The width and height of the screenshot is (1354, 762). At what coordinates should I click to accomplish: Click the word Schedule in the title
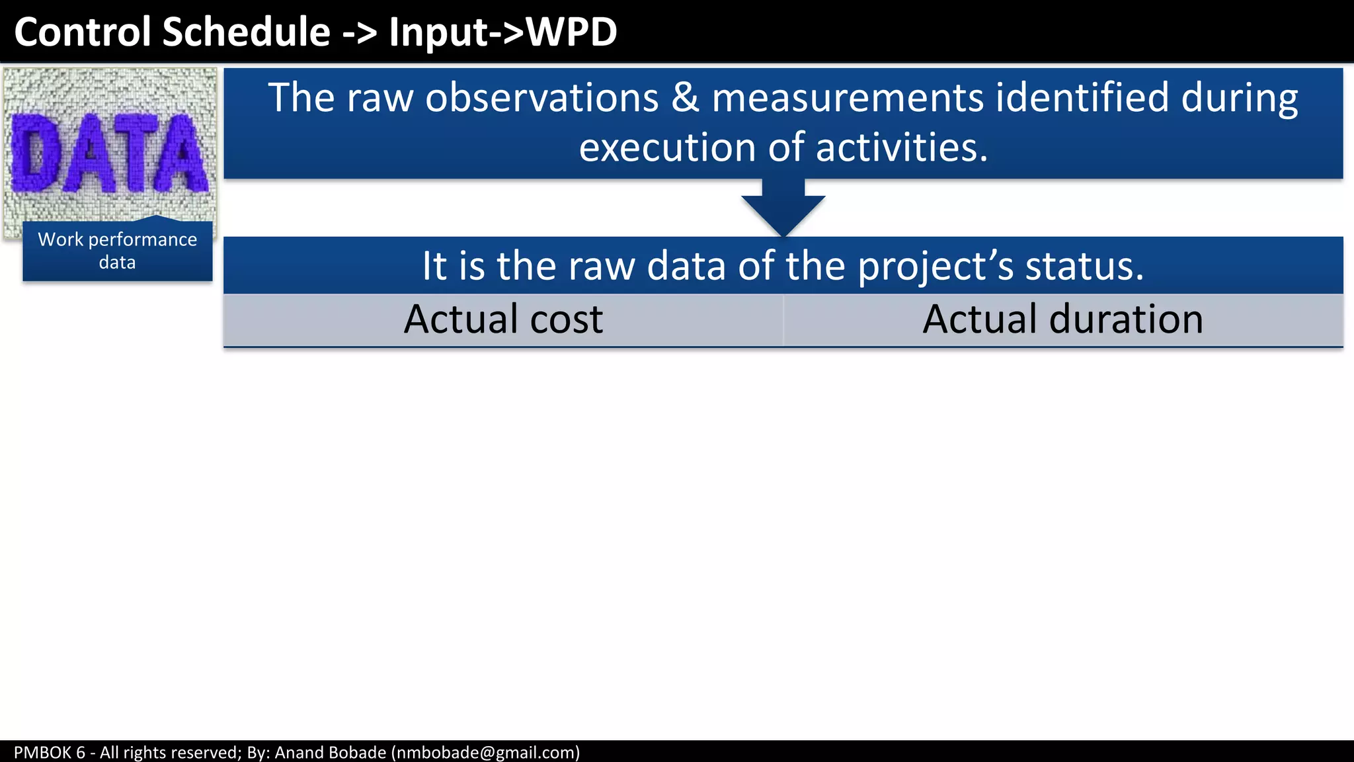tap(246, 32)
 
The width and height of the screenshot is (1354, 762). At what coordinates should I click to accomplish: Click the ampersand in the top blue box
tap(685, 98)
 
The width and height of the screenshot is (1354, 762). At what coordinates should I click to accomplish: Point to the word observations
tap(541, 98)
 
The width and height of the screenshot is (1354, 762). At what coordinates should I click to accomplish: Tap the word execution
tap(667, 147)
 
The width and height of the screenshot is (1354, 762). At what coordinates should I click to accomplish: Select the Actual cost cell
tap(503, 319)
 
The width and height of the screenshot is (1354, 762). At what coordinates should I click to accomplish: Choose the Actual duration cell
tap(1062, 319)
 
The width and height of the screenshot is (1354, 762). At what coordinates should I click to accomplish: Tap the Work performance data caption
tap(117, 251)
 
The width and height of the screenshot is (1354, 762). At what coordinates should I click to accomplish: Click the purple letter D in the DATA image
tap(33, 153)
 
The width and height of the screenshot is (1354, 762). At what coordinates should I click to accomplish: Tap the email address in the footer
tap(485, 753)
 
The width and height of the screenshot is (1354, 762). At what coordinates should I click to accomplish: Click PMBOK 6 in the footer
tap(50, 753)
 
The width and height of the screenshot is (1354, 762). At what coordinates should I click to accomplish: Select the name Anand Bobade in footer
tap(330, 753)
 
